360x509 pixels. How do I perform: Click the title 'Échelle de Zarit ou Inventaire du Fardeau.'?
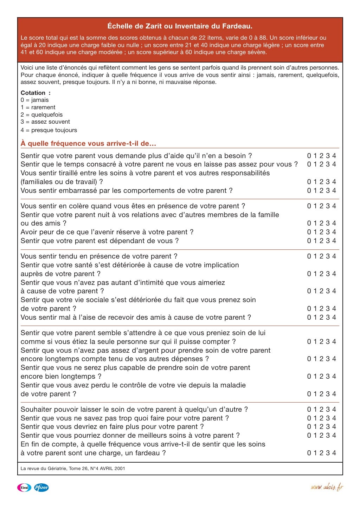pyautogui.click(x=180, y=26)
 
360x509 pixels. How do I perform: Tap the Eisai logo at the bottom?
pyautogui.click(x=24, y=488)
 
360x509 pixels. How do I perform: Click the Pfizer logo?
pyautogui.click(x=41, y=488)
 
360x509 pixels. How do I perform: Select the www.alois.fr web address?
pyautogui.click(x=327, y=487)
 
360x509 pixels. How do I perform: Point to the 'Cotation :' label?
pyautogui.click(x=36, y=93)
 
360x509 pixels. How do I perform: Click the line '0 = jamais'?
pyautogui.click(x=34, y=100)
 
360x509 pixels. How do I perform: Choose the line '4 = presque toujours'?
pyautogui.click(x=49, y=130)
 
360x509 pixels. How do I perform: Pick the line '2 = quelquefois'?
pyautogui.click(x=41, y=115)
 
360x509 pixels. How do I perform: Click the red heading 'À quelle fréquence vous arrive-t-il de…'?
pyautogui.click(x=88, y=143)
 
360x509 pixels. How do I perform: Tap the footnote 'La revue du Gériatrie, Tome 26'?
pyautogui.click(x=72, y=468)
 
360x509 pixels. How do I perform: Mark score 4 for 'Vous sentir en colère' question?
pyautogui.click(x=334, y=206)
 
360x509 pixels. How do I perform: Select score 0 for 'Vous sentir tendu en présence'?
pyautogui.click(x=309, y=256)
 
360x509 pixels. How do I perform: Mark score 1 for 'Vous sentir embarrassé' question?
pyautogui.click(x=315, y=191)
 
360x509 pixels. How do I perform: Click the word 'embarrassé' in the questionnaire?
pyautogui.click(x=75, y=191)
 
